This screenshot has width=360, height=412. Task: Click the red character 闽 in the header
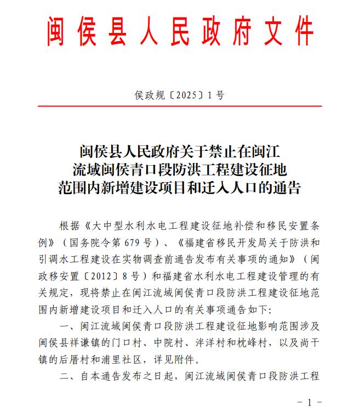(x=56, y=33)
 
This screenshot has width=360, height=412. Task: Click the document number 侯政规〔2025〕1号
(x=180, y=95)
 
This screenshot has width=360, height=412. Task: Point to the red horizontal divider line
(x=180, y=106)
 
